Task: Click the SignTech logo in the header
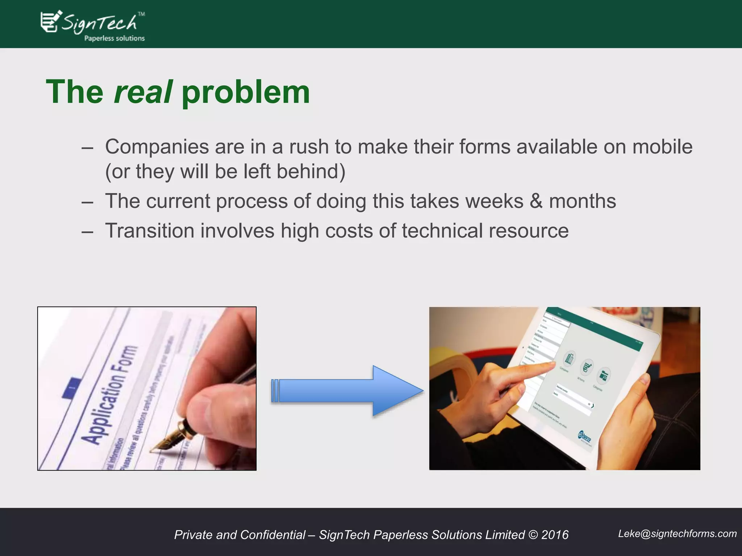point(92,23)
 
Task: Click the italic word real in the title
point(143,92)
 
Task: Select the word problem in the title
point(245,93)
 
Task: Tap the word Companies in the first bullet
point(157,147)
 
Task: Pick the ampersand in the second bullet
point(536,201)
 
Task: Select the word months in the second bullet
point(582,201)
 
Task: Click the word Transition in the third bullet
point(150,231)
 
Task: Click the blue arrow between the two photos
point(347,391)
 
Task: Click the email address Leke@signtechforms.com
point(677,534)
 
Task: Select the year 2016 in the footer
point(555,535)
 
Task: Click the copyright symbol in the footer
point(533,535)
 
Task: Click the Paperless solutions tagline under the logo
point(114,38)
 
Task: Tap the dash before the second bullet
point(87,202)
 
